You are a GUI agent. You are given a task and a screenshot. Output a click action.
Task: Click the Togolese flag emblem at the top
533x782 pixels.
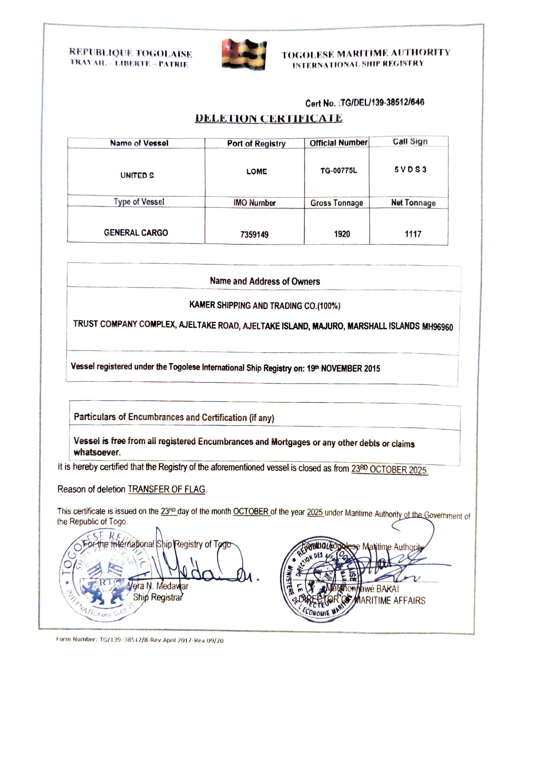[x=244, y=54]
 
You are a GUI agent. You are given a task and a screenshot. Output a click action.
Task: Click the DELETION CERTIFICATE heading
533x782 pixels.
[x=268, y=118]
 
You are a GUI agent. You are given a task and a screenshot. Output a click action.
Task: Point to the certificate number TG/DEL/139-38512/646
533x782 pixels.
[x=382, y=102]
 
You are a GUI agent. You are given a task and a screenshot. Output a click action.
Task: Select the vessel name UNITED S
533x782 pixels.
[x=137, y=175]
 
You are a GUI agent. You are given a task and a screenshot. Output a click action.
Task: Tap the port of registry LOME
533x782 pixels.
[x=256, y=172]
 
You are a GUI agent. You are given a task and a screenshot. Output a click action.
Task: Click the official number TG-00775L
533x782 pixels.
[x=338, y=170]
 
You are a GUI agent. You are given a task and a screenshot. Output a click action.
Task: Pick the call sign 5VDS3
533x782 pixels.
[x=410, y=170]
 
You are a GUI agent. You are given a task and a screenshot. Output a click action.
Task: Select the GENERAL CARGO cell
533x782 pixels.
[x=136, y=232]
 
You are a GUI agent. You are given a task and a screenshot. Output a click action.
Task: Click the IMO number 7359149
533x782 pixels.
[x=254, y=234]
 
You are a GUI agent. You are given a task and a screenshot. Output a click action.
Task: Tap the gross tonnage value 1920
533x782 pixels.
[x=341, y=234]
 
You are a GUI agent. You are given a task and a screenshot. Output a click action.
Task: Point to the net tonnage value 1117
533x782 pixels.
[x=413, y=234]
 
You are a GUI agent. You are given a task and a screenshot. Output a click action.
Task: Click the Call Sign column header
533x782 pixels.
[x=410, y=142]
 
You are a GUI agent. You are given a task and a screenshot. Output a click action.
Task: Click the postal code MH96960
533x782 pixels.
[x=437, y=327]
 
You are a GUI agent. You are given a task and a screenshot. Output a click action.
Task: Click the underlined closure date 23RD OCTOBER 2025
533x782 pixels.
[x=389, y=470]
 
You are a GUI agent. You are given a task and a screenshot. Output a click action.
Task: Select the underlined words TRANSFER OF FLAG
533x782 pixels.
[x=166, y=489]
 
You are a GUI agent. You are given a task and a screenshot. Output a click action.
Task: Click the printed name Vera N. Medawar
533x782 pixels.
[x=158, y=586]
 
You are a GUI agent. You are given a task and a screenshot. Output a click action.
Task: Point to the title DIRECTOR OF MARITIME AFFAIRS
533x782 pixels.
[x=362, y=600]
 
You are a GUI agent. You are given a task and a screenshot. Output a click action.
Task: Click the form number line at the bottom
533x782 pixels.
[x=140, y=640]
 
